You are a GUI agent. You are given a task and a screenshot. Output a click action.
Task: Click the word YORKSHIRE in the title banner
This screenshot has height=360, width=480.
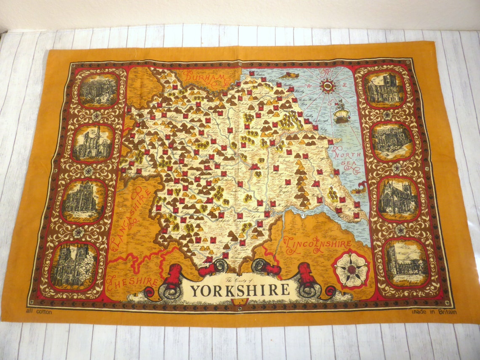click(x=240, y=290)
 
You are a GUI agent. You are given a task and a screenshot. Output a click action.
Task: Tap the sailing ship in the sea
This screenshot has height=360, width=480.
click(x=341, y=113)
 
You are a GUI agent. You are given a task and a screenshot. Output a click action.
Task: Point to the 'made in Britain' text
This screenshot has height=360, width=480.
click(x=433, y=312)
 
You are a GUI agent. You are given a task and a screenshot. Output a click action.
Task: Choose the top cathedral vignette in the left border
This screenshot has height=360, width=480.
click(x=99, y=90)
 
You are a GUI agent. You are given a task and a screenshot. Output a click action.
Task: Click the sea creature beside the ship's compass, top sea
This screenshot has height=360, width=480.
click(x=288, y=75)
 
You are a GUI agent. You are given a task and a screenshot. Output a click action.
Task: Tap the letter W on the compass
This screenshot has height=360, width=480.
click(x=312, y=86)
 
